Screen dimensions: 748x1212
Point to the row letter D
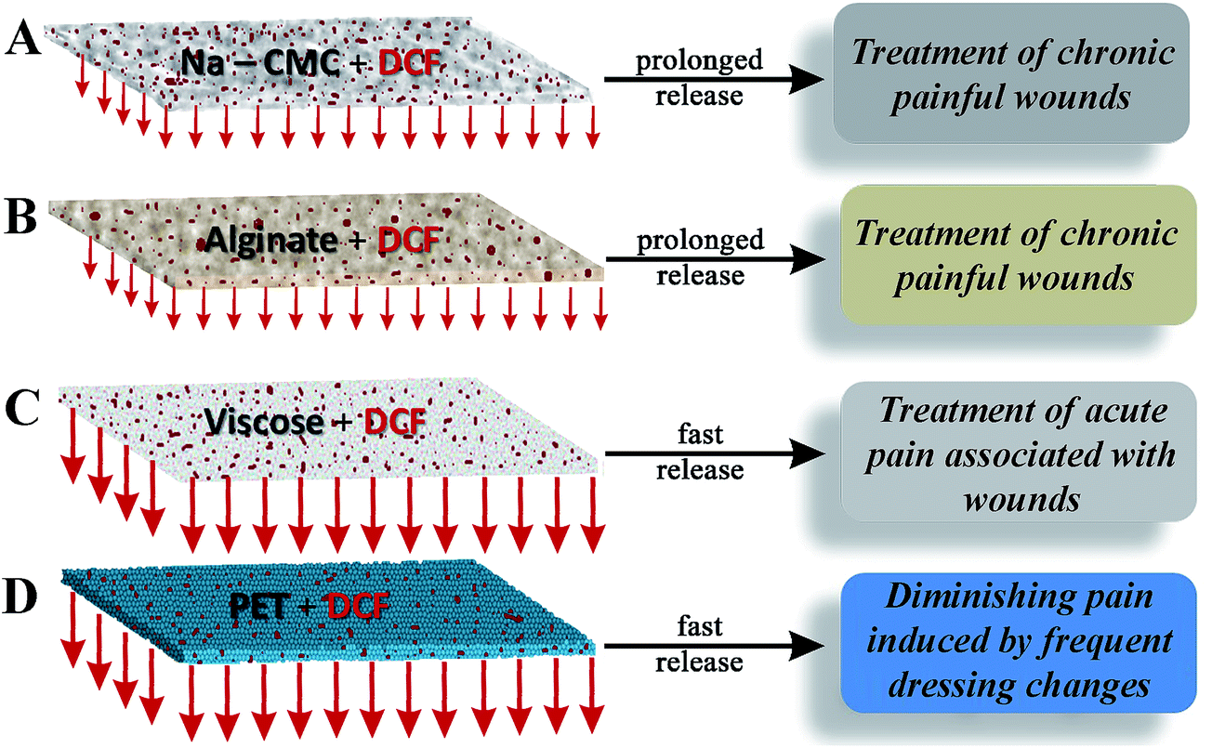click(25, 593)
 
